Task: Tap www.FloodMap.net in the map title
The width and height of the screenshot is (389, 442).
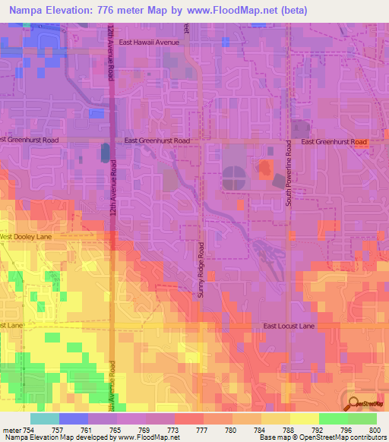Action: click(231, 10)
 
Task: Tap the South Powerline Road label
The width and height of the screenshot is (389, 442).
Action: click(289, 172)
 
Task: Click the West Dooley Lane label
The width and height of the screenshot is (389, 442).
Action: click(27, 237)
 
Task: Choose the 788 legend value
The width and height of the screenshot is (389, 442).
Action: click(289, 430)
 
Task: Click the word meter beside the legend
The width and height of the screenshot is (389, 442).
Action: click(11, 430)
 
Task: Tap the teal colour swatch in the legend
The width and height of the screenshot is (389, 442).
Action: click(44, 418)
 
